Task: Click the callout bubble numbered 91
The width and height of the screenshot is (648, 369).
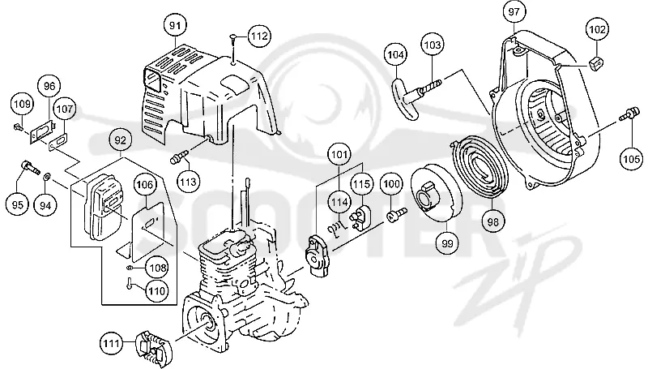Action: (175, 25)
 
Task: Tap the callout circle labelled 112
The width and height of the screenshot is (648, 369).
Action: (259, 36)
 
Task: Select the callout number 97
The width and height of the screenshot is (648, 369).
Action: (514, 12)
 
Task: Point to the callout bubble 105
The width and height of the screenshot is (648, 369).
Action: (632, 159)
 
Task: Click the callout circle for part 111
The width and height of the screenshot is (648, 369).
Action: (111, 343)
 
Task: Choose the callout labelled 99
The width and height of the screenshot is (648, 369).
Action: (448, 243)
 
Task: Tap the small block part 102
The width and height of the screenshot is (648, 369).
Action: (595, 64)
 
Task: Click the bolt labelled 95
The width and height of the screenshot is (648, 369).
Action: (30, 167)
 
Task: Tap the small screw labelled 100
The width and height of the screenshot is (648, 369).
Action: (396, 214)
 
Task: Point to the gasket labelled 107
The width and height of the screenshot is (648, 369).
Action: (58, 140)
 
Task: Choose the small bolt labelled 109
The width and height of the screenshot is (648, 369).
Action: (18, 127)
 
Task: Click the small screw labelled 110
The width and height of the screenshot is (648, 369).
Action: (130, 284)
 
